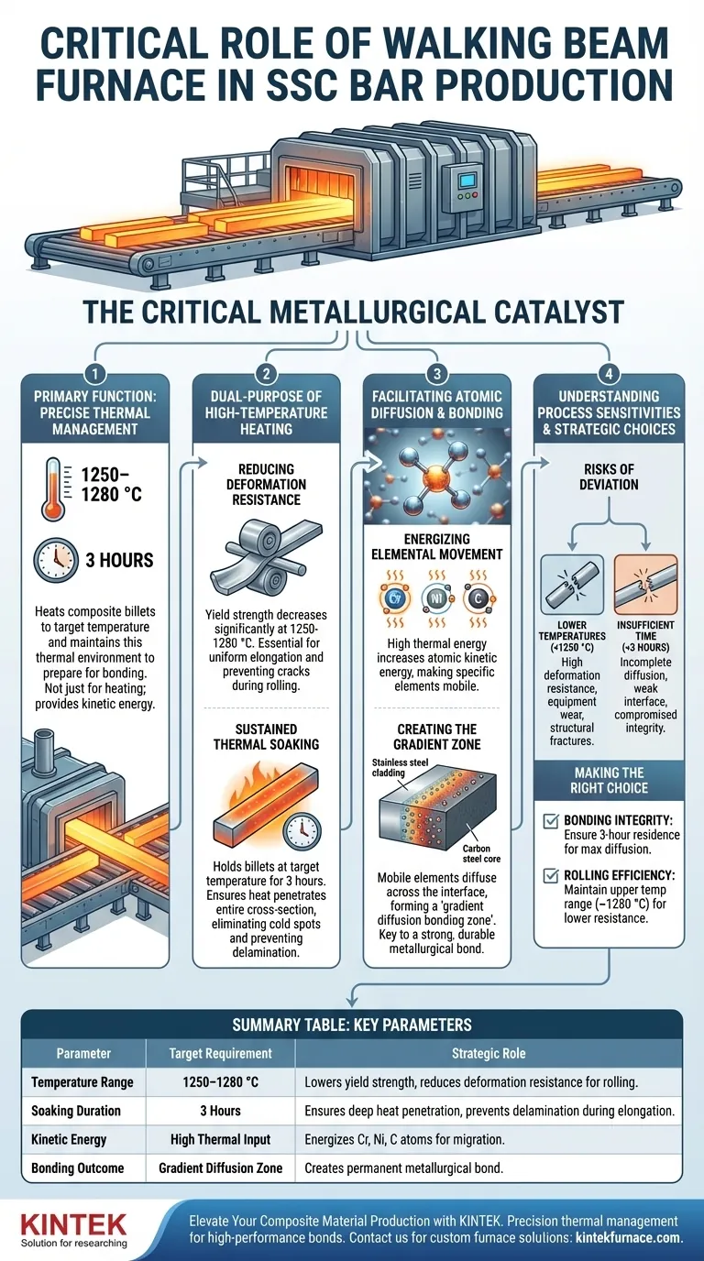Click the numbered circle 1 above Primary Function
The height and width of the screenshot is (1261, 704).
point(95,374)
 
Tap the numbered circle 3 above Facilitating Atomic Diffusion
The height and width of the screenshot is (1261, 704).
point(437,374)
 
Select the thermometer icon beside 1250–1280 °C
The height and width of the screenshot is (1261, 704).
point(52,488)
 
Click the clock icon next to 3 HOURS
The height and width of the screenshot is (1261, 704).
point(56,560)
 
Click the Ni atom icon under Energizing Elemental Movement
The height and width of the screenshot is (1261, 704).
point(436,598)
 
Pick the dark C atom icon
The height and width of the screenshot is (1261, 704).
point(478,598)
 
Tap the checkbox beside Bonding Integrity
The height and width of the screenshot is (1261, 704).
point(550,821)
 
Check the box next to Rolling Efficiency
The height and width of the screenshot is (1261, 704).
point(550,875)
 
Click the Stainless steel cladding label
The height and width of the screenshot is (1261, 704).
point(400,767)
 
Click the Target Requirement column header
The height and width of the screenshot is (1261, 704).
point(220,1053)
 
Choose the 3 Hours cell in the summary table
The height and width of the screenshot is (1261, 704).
point(220,1111)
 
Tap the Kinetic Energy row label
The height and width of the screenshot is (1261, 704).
point(69,1139)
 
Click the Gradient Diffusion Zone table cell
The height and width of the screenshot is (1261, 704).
point(220,1168)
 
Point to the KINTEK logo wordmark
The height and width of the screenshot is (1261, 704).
point(73,1223)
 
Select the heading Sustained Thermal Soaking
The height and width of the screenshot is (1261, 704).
point(267,736)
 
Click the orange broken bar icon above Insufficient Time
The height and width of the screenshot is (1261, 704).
point(645,584)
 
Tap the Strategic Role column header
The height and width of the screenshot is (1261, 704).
point(489,1053)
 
